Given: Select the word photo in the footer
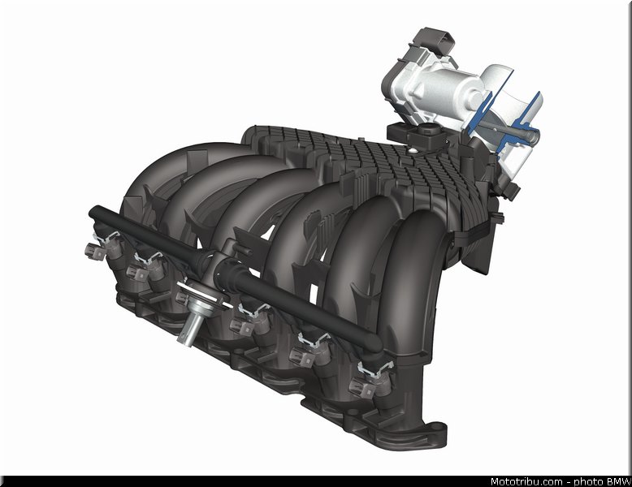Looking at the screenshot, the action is pyautogui.click(x=588, y=482).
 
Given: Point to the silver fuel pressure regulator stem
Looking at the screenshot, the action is pyautogui.click(x=188, y=327).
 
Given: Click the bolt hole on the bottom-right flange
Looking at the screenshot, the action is pyautogui.click(x=435, y=428).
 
